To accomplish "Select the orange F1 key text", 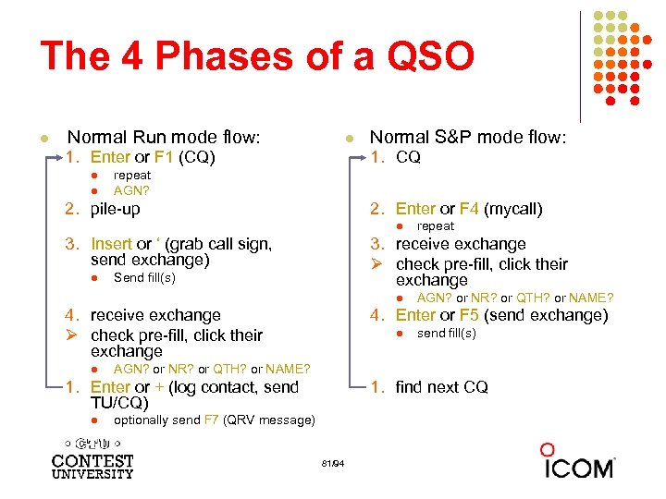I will tap(165, 157).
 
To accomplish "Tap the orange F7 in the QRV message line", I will tap(212, 420).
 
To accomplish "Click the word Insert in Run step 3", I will tap(112, 244).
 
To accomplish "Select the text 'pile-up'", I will tap(116, 209).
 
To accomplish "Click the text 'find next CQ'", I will tap(441, 387).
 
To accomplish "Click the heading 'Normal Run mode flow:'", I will tap(164, 138).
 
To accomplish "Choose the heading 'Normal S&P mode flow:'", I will tap(467, 138).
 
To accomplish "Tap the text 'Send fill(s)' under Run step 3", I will tap(144, 277).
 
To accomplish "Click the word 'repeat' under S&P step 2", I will tap(436, 225).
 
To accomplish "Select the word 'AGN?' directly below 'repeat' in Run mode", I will tap(131, 190).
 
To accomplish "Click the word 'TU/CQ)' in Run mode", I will tap(119, 403).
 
